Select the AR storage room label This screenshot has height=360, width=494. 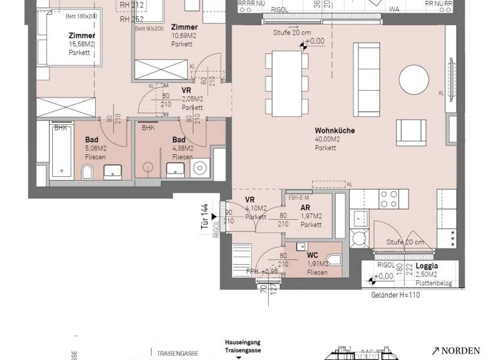(x=306, y=208)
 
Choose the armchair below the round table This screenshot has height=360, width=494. (x=410, y=131)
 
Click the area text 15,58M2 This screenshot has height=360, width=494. (x=82, y=44)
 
